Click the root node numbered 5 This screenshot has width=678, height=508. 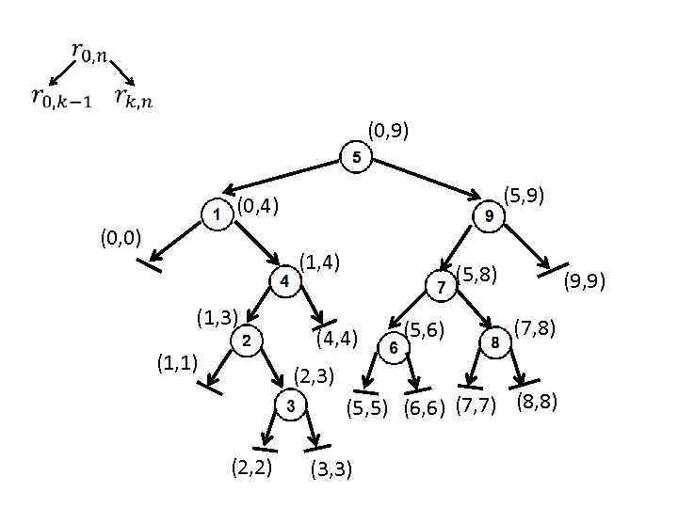(x=355, y=157)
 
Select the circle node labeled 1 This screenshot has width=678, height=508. (x=217, y=215)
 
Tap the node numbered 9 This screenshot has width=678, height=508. (x=489, y=216)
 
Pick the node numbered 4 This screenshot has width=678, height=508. (x=283, y=280)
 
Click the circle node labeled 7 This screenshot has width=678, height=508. (x=440, y=287)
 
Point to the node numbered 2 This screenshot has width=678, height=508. (x=246, y=340)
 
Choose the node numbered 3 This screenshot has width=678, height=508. (x=290, y=405)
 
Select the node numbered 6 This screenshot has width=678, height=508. (x=394, y=348)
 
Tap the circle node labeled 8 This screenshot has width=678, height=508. (x=495, y=343)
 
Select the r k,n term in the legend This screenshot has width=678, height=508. (x=133, y=96)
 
